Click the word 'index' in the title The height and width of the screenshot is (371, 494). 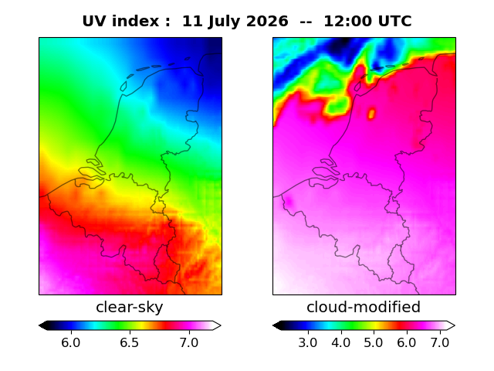[136, 22]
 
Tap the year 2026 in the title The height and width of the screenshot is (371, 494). [266, 22]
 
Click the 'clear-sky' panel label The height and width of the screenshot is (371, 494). [129, 307]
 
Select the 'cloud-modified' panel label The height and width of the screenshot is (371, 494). [364, 307]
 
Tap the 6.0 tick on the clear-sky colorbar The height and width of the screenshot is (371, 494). [71, 342]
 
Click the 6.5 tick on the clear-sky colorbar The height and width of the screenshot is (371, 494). [130, 342]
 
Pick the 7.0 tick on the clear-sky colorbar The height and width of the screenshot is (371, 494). [189, 342]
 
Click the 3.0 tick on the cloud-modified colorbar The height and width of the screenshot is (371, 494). [308, 342]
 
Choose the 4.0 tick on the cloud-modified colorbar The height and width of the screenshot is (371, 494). [341, 342]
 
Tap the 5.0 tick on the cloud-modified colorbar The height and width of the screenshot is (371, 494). [374, 342]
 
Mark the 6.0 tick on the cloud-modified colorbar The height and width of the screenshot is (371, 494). [407, 342]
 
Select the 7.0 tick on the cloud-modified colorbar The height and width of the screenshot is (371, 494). [439, 342]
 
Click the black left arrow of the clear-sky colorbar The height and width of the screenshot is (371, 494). [44, 325]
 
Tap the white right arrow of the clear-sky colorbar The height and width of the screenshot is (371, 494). [217, 325]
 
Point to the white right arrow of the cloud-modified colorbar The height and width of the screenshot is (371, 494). [451, 325]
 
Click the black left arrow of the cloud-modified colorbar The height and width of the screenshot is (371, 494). [278, 325]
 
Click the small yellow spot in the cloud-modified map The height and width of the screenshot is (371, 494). [371, 114]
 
